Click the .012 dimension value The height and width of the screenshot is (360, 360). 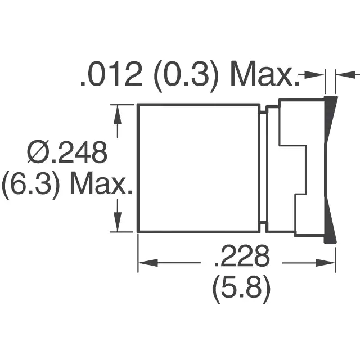click(x=111, y=74)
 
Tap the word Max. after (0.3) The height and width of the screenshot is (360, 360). click(x=265, y=74)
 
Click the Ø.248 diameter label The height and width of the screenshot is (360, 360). click(x=67, y=152)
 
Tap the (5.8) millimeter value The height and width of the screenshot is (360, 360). click(x=241, y=289)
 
